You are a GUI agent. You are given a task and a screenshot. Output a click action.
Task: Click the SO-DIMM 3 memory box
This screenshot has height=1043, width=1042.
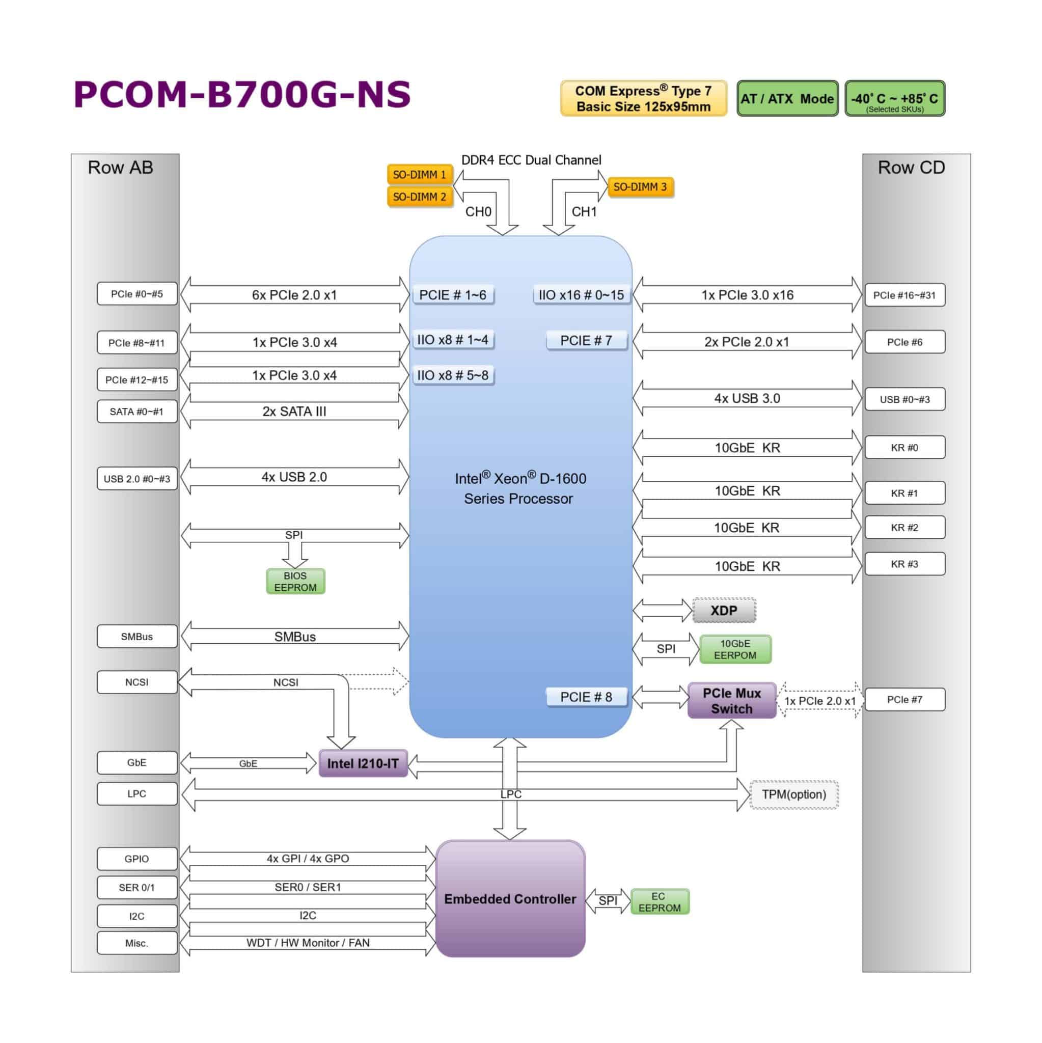[640, 187]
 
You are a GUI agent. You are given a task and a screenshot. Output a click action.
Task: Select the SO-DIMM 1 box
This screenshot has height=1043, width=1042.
[420, 175]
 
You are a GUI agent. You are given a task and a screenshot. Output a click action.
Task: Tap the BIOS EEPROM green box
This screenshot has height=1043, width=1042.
[295, 582]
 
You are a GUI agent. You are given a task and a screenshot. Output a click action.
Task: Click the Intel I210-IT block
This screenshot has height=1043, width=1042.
[363, 763]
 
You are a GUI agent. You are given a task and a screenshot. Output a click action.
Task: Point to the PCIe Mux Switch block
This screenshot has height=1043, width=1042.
[731, 701]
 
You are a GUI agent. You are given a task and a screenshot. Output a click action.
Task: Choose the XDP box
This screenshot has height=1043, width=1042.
[724, 611]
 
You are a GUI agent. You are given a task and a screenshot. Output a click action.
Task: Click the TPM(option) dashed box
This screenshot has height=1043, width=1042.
[793, 794]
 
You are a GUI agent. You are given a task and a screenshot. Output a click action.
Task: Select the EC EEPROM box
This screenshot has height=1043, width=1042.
[659, 902]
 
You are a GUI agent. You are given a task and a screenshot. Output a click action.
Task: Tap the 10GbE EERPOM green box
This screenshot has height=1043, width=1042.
[735, 649]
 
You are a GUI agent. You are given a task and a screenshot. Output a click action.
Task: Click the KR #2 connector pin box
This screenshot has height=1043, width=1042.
[904, 528]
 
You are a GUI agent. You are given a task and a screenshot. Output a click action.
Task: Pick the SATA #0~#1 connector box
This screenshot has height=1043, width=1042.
[136, 412]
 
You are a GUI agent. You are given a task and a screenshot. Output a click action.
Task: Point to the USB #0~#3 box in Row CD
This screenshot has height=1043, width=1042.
[904, 399]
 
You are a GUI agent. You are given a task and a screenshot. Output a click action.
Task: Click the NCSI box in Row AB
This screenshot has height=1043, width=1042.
[136, 682]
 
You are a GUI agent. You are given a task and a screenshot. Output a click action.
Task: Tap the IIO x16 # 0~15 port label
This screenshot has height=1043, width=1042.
[581, 295]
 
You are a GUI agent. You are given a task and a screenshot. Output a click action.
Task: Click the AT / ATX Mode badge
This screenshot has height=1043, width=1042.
[787, 99]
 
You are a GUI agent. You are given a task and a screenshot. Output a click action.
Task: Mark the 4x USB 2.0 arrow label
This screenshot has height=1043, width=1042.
[294, 477]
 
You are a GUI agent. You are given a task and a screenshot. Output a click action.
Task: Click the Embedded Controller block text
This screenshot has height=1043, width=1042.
[510, 899]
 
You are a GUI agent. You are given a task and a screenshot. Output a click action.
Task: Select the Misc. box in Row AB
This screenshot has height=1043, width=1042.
[136, 943]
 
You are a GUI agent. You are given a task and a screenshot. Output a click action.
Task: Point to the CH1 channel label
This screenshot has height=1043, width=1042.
[584, 212]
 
